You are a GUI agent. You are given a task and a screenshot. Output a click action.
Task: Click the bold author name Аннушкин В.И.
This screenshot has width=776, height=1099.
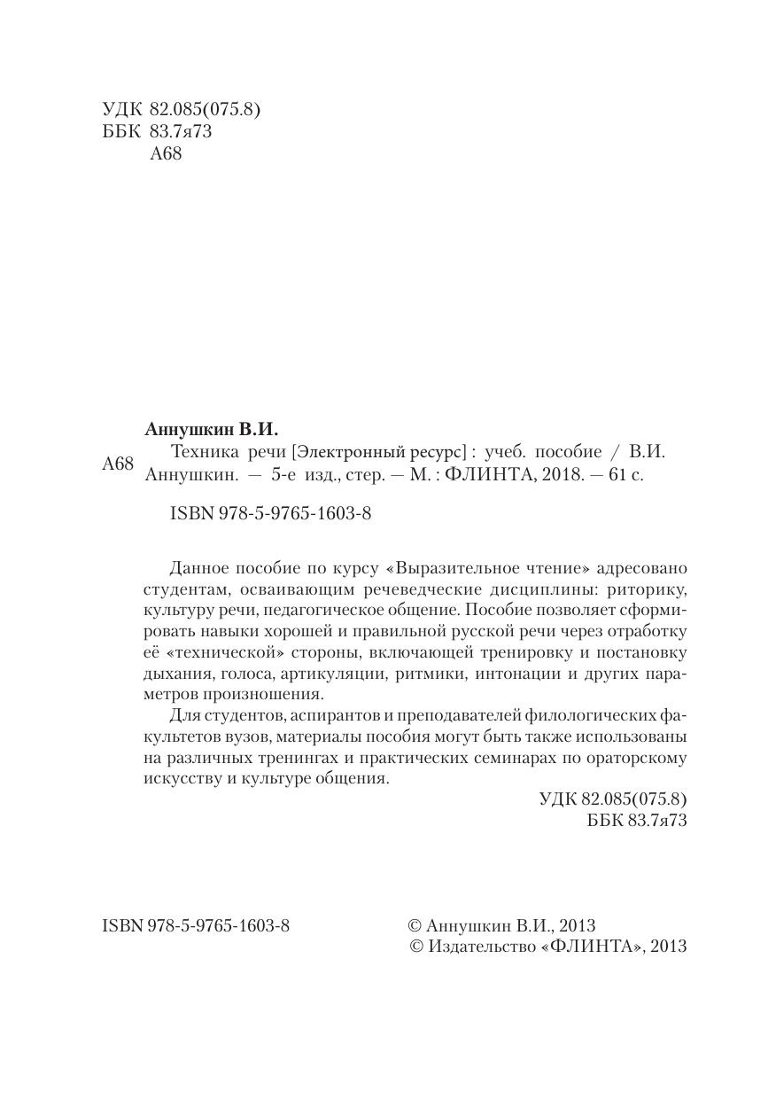(211, 430)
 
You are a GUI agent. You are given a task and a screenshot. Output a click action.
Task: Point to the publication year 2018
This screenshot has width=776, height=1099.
(559, 474)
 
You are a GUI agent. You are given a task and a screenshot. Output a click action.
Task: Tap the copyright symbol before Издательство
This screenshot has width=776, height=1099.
(417, 947)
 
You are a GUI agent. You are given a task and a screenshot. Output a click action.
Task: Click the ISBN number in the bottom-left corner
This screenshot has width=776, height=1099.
(196, 925)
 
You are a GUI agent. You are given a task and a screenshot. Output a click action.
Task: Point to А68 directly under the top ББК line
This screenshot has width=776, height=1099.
(167, 153)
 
